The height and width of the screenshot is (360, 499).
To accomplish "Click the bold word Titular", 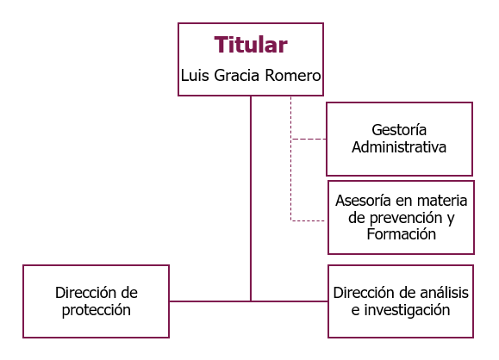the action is click(251, 45).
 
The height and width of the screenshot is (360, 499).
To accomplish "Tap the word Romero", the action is click(293, 76).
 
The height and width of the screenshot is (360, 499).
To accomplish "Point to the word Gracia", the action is click(237, 76).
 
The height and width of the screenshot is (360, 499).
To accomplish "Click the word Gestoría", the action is click(399, 130).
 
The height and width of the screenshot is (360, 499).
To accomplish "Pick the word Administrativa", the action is click(399, 147).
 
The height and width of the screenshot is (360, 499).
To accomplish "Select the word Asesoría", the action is click(363, 201).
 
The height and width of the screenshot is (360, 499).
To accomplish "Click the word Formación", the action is click(402, 234).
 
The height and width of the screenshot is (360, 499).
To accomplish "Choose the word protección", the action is click(97, 310).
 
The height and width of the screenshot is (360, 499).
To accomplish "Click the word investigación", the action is click(407, 310).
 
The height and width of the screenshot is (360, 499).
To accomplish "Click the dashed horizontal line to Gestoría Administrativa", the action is click(309, 139).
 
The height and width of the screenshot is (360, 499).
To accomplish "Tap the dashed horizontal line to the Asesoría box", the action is click(308, 220).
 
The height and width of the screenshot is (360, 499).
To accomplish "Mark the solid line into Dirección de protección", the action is click(209, 301).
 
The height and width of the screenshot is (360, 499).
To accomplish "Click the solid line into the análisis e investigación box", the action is click(290, 301).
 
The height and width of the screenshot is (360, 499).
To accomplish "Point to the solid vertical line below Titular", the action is click(251, 198).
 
